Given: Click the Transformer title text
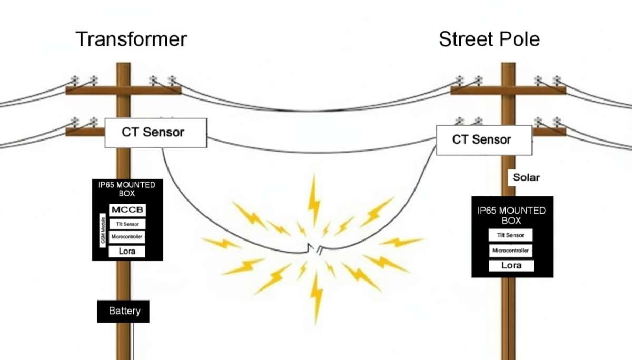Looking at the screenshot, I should pos(131,39).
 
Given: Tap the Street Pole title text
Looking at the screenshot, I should pos(489,39).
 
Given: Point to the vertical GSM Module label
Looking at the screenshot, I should pos(103,232).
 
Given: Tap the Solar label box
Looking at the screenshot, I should pos(525,177).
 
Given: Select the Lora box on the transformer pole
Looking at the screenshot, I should pos(127,252).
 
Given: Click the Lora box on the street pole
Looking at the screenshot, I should pos(511,266).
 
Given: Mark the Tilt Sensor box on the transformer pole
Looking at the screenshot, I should pos(127,224).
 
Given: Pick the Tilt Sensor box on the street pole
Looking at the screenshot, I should pos(511,235).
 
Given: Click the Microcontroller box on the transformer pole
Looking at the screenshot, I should pos(127,237).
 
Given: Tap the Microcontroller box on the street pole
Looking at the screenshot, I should pos(511,251).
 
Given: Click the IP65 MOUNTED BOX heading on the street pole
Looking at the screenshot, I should pos(511,215).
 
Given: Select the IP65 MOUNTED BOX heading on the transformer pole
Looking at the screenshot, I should pos(127,189).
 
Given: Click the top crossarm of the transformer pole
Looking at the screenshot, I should pos(123,91).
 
